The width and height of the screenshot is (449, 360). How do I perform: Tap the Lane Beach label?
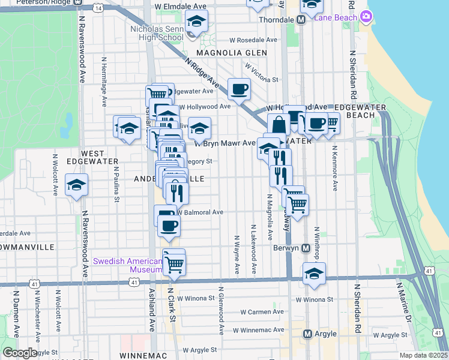(336, 18)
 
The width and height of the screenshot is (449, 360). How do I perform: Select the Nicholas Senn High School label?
(157, 32)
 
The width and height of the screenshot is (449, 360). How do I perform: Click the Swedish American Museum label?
(128, 265)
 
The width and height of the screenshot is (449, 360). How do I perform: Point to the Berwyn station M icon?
(306, 247)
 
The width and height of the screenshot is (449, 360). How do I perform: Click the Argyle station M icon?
(308, 334)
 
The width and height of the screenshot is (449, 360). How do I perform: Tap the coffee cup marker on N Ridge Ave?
(239, 89)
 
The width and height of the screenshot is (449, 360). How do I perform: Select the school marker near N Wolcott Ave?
(77, 185)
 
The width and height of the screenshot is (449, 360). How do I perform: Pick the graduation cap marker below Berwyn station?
(314, 274)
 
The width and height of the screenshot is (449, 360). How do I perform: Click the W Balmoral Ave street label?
(200, 212)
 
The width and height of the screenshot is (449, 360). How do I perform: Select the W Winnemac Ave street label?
(259, 330)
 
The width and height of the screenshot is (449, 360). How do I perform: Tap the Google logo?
(20, 353)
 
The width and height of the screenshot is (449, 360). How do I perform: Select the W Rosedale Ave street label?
(253, 40)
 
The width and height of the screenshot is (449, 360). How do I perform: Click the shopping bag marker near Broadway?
(279, 126)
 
